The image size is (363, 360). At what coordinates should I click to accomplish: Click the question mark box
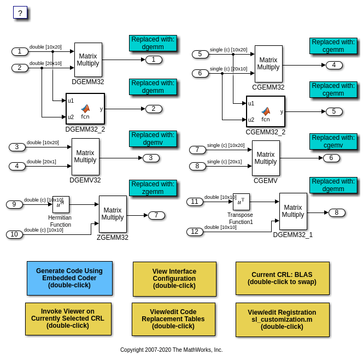[x=20, y=13]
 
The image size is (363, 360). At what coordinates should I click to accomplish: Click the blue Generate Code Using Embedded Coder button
[x=69, y=278]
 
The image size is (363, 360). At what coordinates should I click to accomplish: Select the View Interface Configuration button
[x=174, y=279]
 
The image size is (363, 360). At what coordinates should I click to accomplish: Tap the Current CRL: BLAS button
[x=282, y=279]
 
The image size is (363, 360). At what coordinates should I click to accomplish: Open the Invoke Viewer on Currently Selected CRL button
[x=68, y=318]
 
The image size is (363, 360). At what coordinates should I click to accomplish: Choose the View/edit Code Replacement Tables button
[x=173, y=319]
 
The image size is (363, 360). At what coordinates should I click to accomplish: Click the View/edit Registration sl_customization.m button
[x=282, y=319]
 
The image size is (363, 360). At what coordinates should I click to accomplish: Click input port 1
[x=20, y=51]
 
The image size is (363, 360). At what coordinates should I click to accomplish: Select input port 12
[x=195, y=232]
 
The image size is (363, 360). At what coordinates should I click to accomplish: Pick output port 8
[x=337, y=213]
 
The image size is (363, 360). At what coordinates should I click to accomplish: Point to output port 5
[x=334, y=111]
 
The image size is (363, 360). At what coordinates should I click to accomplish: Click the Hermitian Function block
[x=61, y=204]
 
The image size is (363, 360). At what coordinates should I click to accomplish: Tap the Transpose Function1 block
[x=241, y=202]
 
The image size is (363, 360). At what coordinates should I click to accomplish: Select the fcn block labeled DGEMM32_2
[x=85, y=109]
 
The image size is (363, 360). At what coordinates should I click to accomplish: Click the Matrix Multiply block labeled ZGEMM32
[x=113, y=214]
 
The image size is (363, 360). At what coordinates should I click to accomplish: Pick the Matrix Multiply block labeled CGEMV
[x=266, y=158]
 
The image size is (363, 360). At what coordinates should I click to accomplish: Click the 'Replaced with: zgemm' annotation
[x=153, y=188]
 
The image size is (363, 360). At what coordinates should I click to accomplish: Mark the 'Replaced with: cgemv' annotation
[x=333, y=141]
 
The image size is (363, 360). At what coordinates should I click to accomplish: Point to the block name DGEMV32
[x=85, y=180]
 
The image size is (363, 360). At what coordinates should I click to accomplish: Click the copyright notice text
[x=171, y=350]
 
